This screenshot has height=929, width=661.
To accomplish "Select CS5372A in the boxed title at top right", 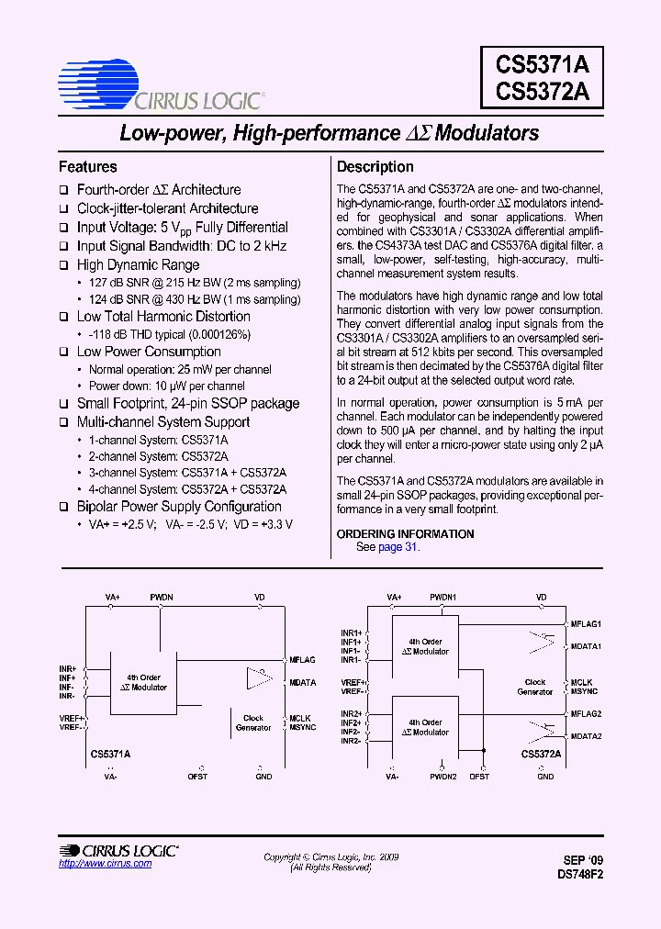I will pyautogui.click(x=543, y=94).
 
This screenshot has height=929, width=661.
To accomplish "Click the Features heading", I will pyautogui.click(x=88, y=167).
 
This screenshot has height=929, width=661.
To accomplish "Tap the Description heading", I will pyautogui.click(x=375, y=167).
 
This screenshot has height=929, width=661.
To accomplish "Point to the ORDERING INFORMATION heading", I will pyautogui.click(x=405, y=533).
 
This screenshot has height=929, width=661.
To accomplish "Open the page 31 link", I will pyautogui.click(x=398, y=547).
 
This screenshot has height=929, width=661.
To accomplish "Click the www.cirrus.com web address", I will pyautogui.click(x=93, y=864).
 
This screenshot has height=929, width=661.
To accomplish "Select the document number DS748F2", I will pyautogui.click(x=579, y=875).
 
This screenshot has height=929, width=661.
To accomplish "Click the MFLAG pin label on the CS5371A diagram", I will pyautogui.click(x=302, y=660).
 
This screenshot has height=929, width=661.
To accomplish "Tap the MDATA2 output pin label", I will pyautogui.click(x=586, y=736).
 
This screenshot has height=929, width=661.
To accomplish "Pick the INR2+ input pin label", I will pyautogui.click(x=352, y=713).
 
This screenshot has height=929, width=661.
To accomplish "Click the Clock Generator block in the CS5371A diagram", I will pyautogui.click(x=253, y=723).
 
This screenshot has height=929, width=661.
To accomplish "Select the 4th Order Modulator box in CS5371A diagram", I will pyautogui.click(x=144, y=682).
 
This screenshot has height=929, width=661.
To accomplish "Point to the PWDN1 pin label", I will pyautogui.click(x=443, y=598).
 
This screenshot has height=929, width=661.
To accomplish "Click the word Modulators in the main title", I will pyautogui.click(x=487, y=133).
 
